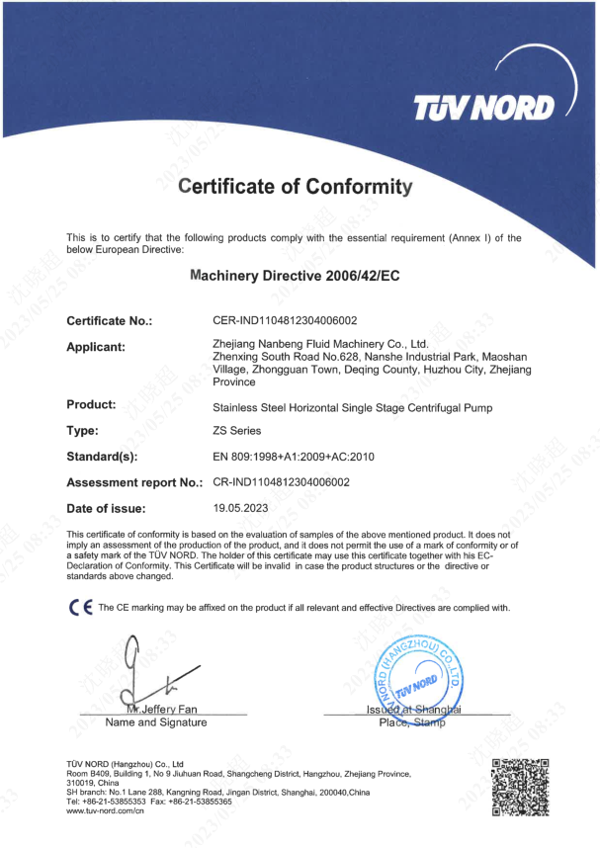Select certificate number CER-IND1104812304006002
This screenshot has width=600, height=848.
pos(285,321)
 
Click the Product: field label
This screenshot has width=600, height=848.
pos(91,404)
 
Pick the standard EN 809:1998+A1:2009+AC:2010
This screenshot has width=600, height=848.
pos(293,458)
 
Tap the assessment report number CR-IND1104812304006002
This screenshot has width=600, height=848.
pos(282,483)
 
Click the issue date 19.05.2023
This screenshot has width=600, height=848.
pos(242,509)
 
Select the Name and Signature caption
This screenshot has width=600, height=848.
pos(156,723)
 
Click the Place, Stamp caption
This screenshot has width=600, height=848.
pos(412,723)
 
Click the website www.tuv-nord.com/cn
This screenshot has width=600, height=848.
pos(106,811)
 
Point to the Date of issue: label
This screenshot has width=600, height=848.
pos(106,509)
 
